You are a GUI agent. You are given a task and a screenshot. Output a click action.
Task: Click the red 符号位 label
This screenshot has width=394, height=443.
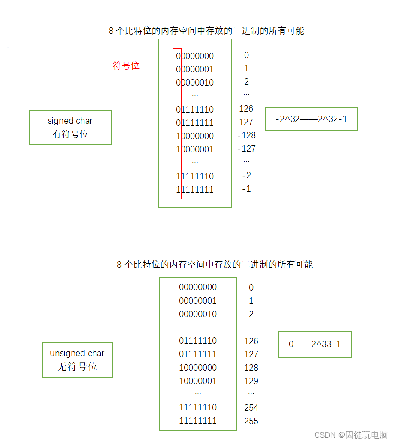[x=126, y=66]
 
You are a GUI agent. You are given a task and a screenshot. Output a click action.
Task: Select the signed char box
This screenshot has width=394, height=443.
[x=70, y=128]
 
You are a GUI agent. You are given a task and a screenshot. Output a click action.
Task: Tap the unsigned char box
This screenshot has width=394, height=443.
[x=77, y=360]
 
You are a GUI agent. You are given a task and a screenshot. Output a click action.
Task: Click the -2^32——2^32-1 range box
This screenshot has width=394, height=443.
[x=311, y=119]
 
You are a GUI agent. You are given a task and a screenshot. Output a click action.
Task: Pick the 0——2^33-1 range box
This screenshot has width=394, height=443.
[x=314, y=344]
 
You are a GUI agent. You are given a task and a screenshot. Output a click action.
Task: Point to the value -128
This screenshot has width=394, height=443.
[x=246, y=135]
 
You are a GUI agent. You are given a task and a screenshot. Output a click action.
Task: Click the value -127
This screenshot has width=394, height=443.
[x=246, y=149]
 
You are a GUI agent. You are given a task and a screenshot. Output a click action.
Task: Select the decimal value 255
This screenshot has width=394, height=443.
[x=251, y=421]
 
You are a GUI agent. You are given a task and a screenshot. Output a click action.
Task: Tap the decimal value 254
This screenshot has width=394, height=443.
[x=251, y=408]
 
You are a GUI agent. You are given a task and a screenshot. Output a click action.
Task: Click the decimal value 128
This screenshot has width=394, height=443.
[x=251, y=368]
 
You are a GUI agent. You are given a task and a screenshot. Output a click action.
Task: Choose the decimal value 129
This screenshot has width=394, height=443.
[x=251, y=381]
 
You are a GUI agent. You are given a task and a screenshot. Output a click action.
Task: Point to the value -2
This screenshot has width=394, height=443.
[x=246, y=175]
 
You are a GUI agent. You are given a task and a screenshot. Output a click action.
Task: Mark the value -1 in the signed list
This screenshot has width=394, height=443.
[x=246, y=189]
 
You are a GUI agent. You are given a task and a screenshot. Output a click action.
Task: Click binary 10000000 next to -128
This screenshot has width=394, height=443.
[x=195, y=136]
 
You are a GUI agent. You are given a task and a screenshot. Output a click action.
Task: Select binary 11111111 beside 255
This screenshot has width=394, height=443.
[x=198, y=421]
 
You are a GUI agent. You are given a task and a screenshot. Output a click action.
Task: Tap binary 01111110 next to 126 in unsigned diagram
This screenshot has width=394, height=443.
[x=198, y=341]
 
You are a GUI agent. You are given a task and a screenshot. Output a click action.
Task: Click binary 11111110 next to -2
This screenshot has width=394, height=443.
[x=195, y=176]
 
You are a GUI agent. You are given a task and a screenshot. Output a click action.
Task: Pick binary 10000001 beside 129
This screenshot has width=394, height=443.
[x=198, y=381]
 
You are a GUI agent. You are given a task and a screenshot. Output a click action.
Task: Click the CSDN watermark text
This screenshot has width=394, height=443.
[x=351, y=435]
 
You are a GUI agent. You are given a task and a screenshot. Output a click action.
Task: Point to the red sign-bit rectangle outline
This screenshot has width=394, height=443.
[x=173, y=124]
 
